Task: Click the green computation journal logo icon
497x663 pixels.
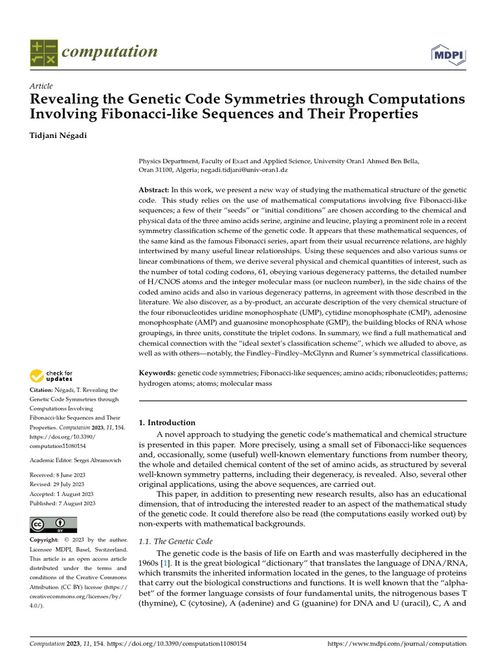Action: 44,52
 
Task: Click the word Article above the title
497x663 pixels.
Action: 41,86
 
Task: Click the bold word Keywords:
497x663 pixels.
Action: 157,374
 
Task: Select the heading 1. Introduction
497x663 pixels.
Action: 168,422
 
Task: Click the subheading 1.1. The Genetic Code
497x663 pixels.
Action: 176,541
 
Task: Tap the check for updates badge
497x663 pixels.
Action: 51,375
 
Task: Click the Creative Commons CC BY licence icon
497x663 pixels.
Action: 53,524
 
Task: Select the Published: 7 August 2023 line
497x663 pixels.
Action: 62,503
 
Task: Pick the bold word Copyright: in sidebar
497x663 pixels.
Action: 48,539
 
